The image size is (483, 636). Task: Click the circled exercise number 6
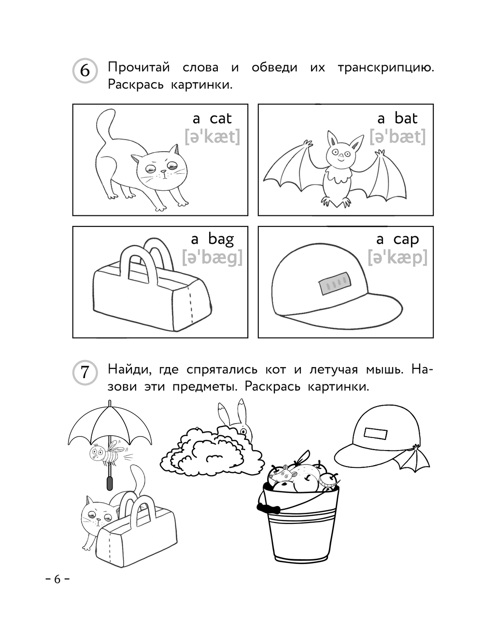[x=85, y=71]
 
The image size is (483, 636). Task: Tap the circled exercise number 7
[x=85, y=372]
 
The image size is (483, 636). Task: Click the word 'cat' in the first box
[x=221, y=118]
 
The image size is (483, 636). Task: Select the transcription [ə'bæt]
[x=398, y=137]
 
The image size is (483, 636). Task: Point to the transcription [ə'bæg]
[x=212, y=257]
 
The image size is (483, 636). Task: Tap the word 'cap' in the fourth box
[x=406, y=240]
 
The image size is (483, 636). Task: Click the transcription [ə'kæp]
[x=398, y=257]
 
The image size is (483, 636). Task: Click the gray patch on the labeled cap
[x=334, y=283]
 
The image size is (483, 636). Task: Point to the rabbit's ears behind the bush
[x=233, y=412]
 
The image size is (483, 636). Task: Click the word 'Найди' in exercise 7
[x=129, y=370]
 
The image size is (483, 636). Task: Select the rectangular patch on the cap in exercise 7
[x=375, y=434]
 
